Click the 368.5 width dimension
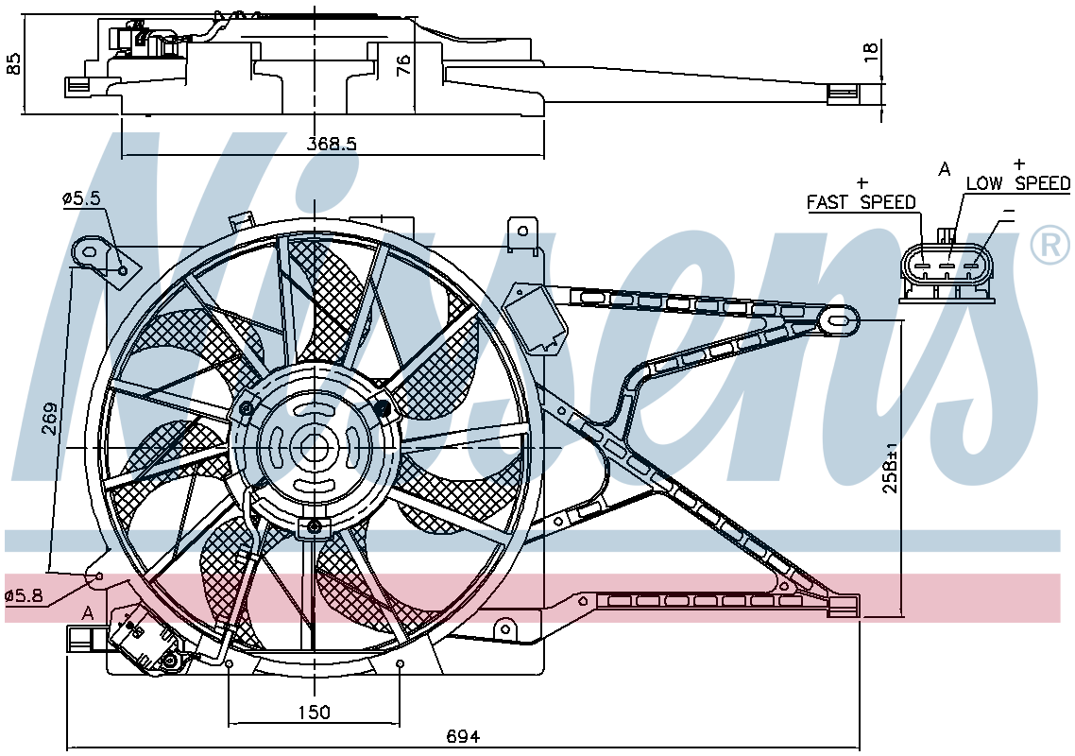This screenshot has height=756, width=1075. pos(332,144)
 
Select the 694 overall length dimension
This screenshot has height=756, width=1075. pos(464,737)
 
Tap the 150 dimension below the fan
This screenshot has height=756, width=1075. pos(314,713)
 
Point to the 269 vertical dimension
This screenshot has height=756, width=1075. pos(49,419)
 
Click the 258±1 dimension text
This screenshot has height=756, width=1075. pos(890,469)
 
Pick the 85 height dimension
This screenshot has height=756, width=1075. pos(13,63)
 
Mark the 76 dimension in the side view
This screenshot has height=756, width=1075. pos(403,64)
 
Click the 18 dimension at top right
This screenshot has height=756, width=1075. pos(869,52)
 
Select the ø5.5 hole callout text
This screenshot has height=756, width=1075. pos(81,199)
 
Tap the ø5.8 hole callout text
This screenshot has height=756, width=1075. pos(24,596)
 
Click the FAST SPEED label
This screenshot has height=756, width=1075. pos(862,202)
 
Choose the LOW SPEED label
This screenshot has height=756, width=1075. pos(1018,183)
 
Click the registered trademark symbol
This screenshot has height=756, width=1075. pos(1050,245)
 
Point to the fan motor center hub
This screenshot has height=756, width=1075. pos(314,447)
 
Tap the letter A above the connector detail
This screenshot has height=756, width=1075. pos(945,168)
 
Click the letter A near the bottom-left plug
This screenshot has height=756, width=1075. pos(88,612)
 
